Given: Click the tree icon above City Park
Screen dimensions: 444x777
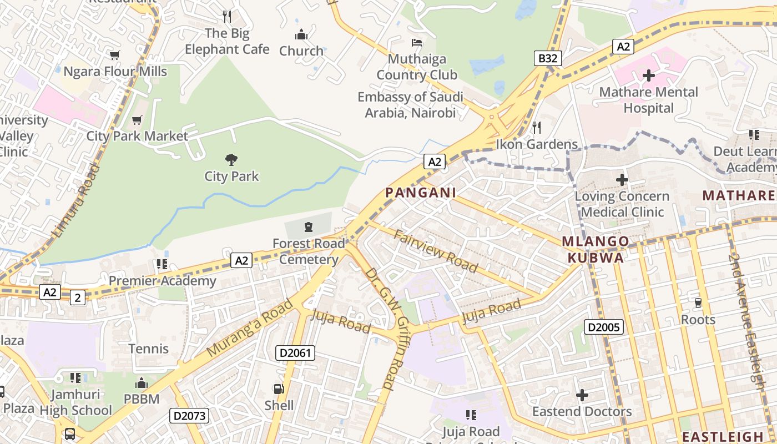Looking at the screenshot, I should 231,160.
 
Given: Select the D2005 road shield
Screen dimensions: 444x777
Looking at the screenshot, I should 604,327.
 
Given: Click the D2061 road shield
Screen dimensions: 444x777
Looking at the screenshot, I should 295,352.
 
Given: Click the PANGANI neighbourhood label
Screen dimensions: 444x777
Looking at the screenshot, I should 421,193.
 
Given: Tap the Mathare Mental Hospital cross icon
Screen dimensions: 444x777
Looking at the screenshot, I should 648,75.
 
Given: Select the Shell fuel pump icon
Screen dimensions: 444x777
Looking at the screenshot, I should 279,389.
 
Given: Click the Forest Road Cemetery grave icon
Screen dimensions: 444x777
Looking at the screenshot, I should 309,226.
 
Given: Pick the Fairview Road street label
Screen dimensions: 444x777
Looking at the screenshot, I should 436,250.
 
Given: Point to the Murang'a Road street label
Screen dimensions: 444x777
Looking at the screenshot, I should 250,329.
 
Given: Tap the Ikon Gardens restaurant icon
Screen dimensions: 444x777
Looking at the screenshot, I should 536,128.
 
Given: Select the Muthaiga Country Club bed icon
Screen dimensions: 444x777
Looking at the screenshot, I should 416,43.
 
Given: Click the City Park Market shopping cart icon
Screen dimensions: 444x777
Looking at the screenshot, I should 137,120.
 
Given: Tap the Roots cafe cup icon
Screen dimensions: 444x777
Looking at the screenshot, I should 698,302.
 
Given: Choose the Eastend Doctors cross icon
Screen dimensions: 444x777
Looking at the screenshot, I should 582,395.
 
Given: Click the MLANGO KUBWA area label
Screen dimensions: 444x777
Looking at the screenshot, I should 596,249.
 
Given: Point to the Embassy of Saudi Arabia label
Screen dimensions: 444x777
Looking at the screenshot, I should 410,105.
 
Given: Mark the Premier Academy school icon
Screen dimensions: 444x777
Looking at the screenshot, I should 162,264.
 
